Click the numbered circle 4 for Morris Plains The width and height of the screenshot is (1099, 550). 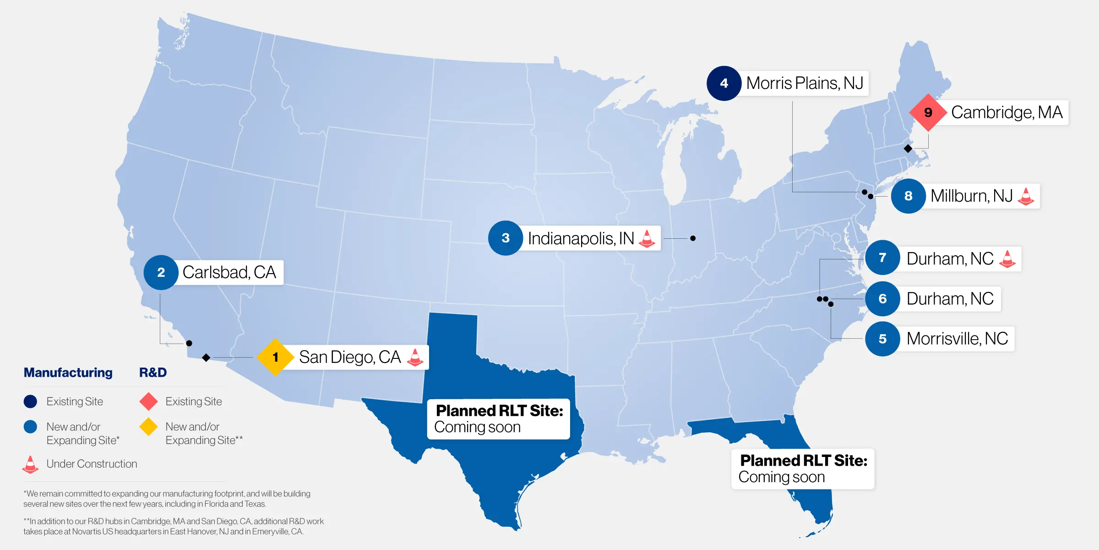[x=724, y=83]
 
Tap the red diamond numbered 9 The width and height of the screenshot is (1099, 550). [x=928, y=112]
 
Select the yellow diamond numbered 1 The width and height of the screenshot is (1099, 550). [x=275, y=357]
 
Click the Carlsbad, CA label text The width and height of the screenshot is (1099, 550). [x=229, y=272]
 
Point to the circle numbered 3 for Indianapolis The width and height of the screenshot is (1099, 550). [x=506, y=238]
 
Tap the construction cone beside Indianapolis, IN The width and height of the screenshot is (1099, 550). [x=647, y=238]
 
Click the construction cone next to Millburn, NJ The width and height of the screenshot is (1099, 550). [x=1026, y=196]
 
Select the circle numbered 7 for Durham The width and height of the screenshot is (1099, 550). [x=882, y=258]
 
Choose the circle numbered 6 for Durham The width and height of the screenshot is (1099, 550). [x=882, y=299]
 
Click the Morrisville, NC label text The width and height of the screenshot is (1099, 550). [x=957, y=339]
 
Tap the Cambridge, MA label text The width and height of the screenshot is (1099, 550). [x=1007, y=112]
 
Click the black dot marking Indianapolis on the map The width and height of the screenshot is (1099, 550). [x=693, y=238]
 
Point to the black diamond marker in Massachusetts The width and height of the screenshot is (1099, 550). [x=908, y=148]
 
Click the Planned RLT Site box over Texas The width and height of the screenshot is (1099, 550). [x=499, y=419]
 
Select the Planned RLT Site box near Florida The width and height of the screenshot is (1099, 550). [x=803, y=468]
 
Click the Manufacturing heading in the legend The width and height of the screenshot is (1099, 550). [x=68, y=373]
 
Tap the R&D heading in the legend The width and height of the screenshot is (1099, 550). [x=153, y=373]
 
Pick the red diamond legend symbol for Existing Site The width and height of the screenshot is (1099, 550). [x=149, y=401]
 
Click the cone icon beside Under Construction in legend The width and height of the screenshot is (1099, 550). [x=30, y=464]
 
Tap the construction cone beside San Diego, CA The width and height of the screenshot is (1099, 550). [x=415, y=357]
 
